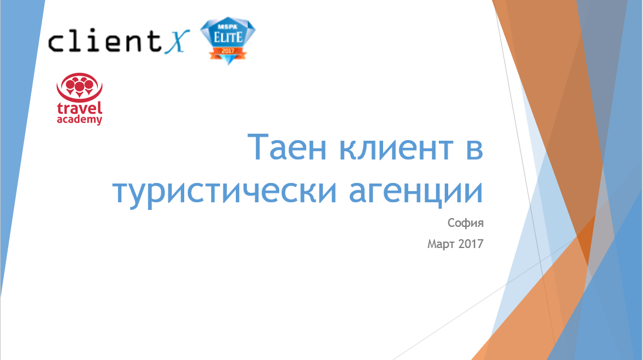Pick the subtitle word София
pyautogui.click(x=465, y=223)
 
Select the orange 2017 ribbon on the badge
pyautogui.click(x=228, y=52)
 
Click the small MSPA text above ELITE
pyautogui.click(x=228, y=26)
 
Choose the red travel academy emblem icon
pyautogui.click(x=79, y=87)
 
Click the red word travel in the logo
pyautogui.click(x=79, y=109)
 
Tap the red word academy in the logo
pyautogui.click(x=79, y=120)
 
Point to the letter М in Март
pyautogui.click(x=432, y=243)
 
